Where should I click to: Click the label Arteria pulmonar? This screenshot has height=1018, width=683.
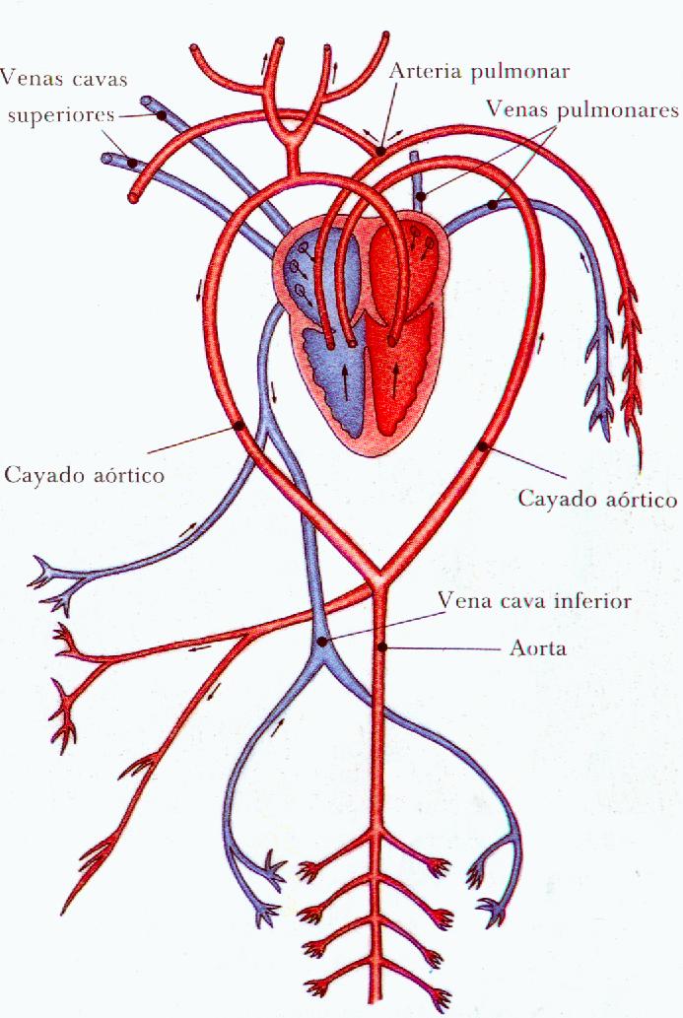click(x=479, y=72)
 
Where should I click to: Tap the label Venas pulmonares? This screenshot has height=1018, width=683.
click(x=582, y=110)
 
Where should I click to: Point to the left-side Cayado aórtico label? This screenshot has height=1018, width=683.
click(x=84, y=475)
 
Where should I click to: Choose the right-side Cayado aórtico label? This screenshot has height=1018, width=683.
click(x=598, y=499)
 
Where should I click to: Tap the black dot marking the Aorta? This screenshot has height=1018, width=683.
click(x=383, y=647)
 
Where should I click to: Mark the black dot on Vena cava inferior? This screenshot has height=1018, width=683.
click(x=323, y=643)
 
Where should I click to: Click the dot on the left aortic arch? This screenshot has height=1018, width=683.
click(x=239, y=427)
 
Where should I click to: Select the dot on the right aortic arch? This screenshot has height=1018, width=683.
click(x=482, y=446)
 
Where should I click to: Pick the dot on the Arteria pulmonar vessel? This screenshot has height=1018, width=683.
click(x=380, y=152)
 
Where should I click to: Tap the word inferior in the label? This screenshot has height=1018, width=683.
click(x=594, y=599)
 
